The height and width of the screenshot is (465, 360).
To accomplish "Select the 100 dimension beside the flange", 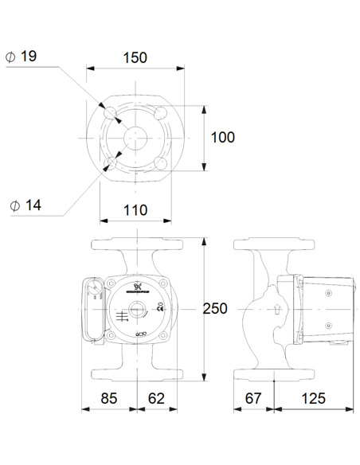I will tap(222, 137).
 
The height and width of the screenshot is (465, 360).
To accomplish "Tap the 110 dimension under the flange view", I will tap(135, 210).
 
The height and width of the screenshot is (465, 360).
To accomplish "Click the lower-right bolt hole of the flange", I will tap(162, 163).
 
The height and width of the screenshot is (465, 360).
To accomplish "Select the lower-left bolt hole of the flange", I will tap(110, 163).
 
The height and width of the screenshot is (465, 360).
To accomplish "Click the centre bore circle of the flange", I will tap(136, 137).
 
